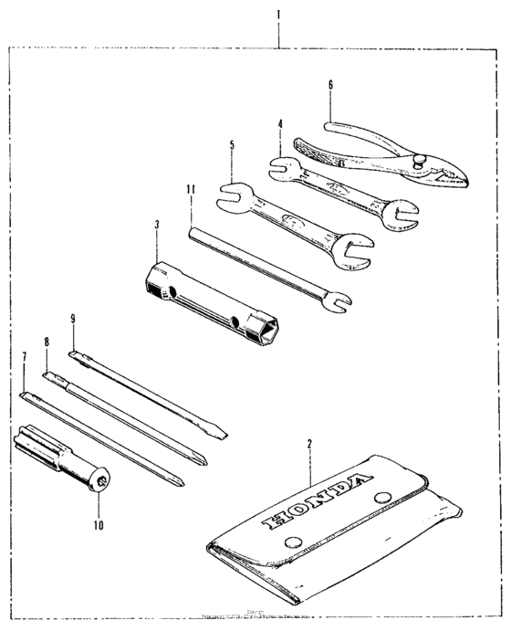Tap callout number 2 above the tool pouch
coord(309,444)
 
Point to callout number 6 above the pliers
coord(330,84)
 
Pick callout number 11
coord(190,189)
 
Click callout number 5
coord(232,144)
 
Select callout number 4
coord(280,123)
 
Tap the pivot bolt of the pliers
coord(422,159)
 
